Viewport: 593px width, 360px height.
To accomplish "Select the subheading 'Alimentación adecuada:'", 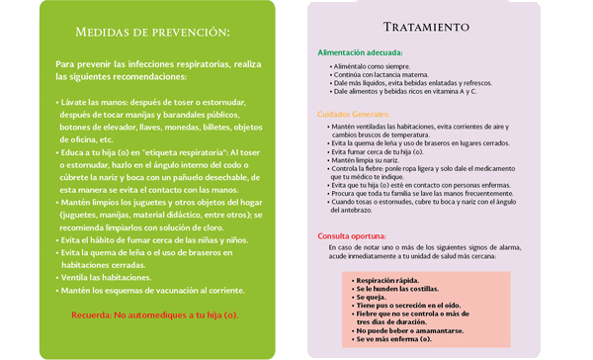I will point(360,51).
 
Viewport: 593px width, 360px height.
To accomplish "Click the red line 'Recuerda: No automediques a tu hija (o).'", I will point(155,315).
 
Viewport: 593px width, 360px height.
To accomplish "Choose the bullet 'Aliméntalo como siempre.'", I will point(373,64).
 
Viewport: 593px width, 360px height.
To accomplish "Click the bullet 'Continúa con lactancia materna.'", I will point(382,73).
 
